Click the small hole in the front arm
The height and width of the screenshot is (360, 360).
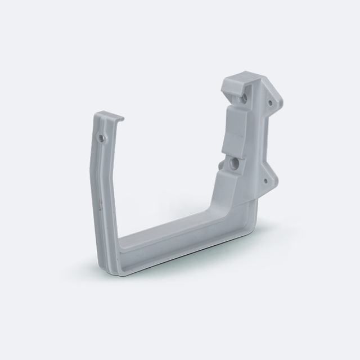(101, 137)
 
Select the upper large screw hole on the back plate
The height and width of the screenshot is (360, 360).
(242, 98)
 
